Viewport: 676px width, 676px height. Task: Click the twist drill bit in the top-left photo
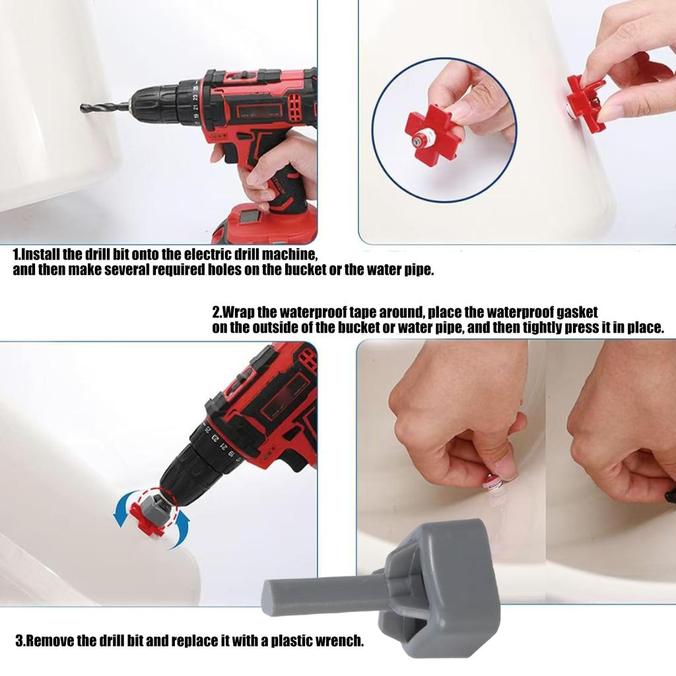click(x=104, y=108)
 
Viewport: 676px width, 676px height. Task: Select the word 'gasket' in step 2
click(x=577, y=312)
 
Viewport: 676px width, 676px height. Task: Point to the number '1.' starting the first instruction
click(x=17, y=254)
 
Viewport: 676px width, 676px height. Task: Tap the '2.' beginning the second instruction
click(x=217, y=312)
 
